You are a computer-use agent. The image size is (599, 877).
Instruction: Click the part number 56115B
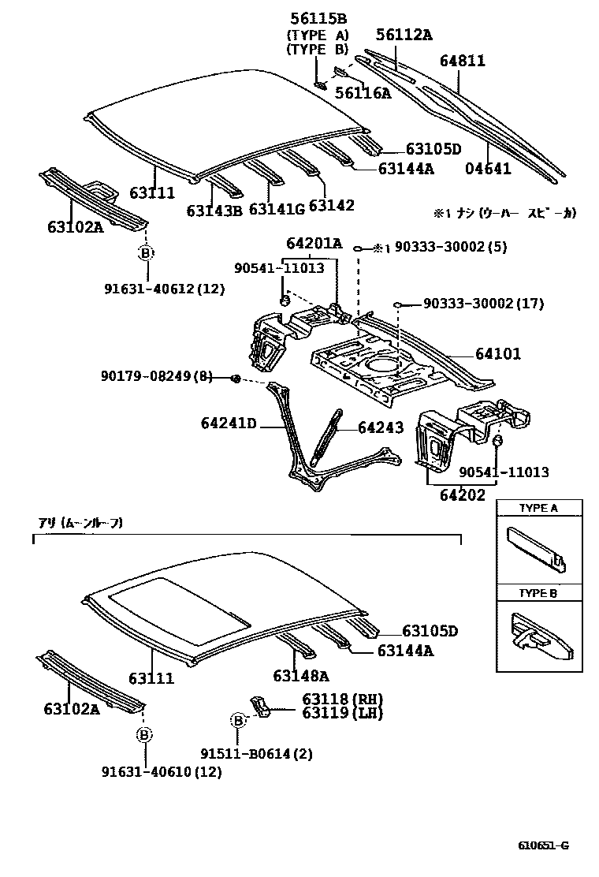click(x=318, y=19)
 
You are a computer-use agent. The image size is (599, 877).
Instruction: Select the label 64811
click(x=463, y=61)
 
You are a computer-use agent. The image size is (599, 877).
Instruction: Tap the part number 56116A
click(x=363, y=93)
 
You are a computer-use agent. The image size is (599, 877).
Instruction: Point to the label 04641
click(x=487, y=168)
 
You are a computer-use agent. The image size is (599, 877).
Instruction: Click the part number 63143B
click(x=214, y=211)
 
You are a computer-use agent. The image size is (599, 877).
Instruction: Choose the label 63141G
click(x=276, y=209)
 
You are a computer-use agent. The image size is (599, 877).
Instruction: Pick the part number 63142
click(x=331, y=205)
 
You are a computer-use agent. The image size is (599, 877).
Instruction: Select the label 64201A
click(x=314, y=243)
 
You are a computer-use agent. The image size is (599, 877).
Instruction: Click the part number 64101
click(x=497, y=354)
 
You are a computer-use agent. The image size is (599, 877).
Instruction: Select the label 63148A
click(x=301, y=675)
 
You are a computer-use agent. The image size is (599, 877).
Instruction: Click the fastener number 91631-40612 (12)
click(x=163, y=289)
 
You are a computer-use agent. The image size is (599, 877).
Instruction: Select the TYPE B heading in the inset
click(x=538, y=593)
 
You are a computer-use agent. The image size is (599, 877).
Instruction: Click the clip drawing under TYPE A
click(x=535, y=549)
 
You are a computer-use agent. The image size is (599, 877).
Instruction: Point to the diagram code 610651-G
click(x=543, y=845)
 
